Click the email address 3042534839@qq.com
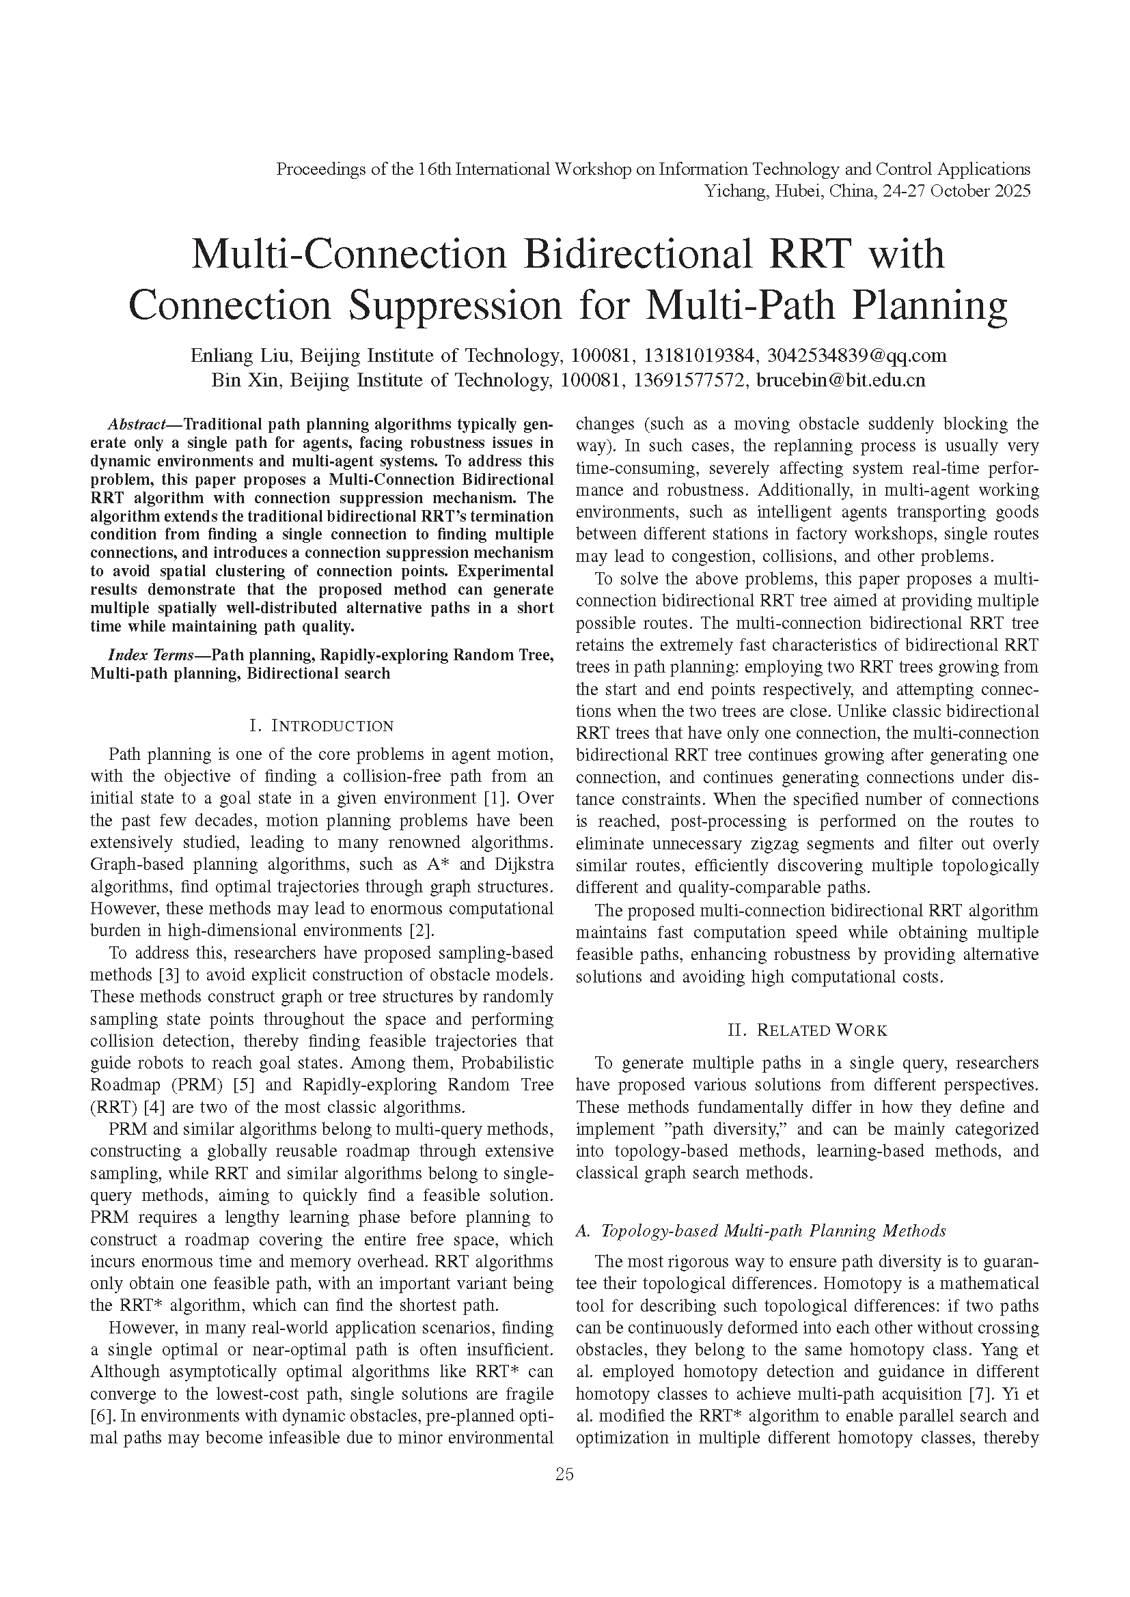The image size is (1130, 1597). [857, 356]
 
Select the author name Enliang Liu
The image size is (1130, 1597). [234, 356]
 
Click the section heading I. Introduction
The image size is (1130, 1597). [322, 726]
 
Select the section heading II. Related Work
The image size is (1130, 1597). [807, 1030]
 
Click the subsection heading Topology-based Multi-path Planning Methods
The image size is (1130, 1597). [773, 1230]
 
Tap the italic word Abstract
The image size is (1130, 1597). [137, 424]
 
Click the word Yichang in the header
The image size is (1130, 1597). [732, 190]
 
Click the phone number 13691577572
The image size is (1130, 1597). [695, 380]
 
